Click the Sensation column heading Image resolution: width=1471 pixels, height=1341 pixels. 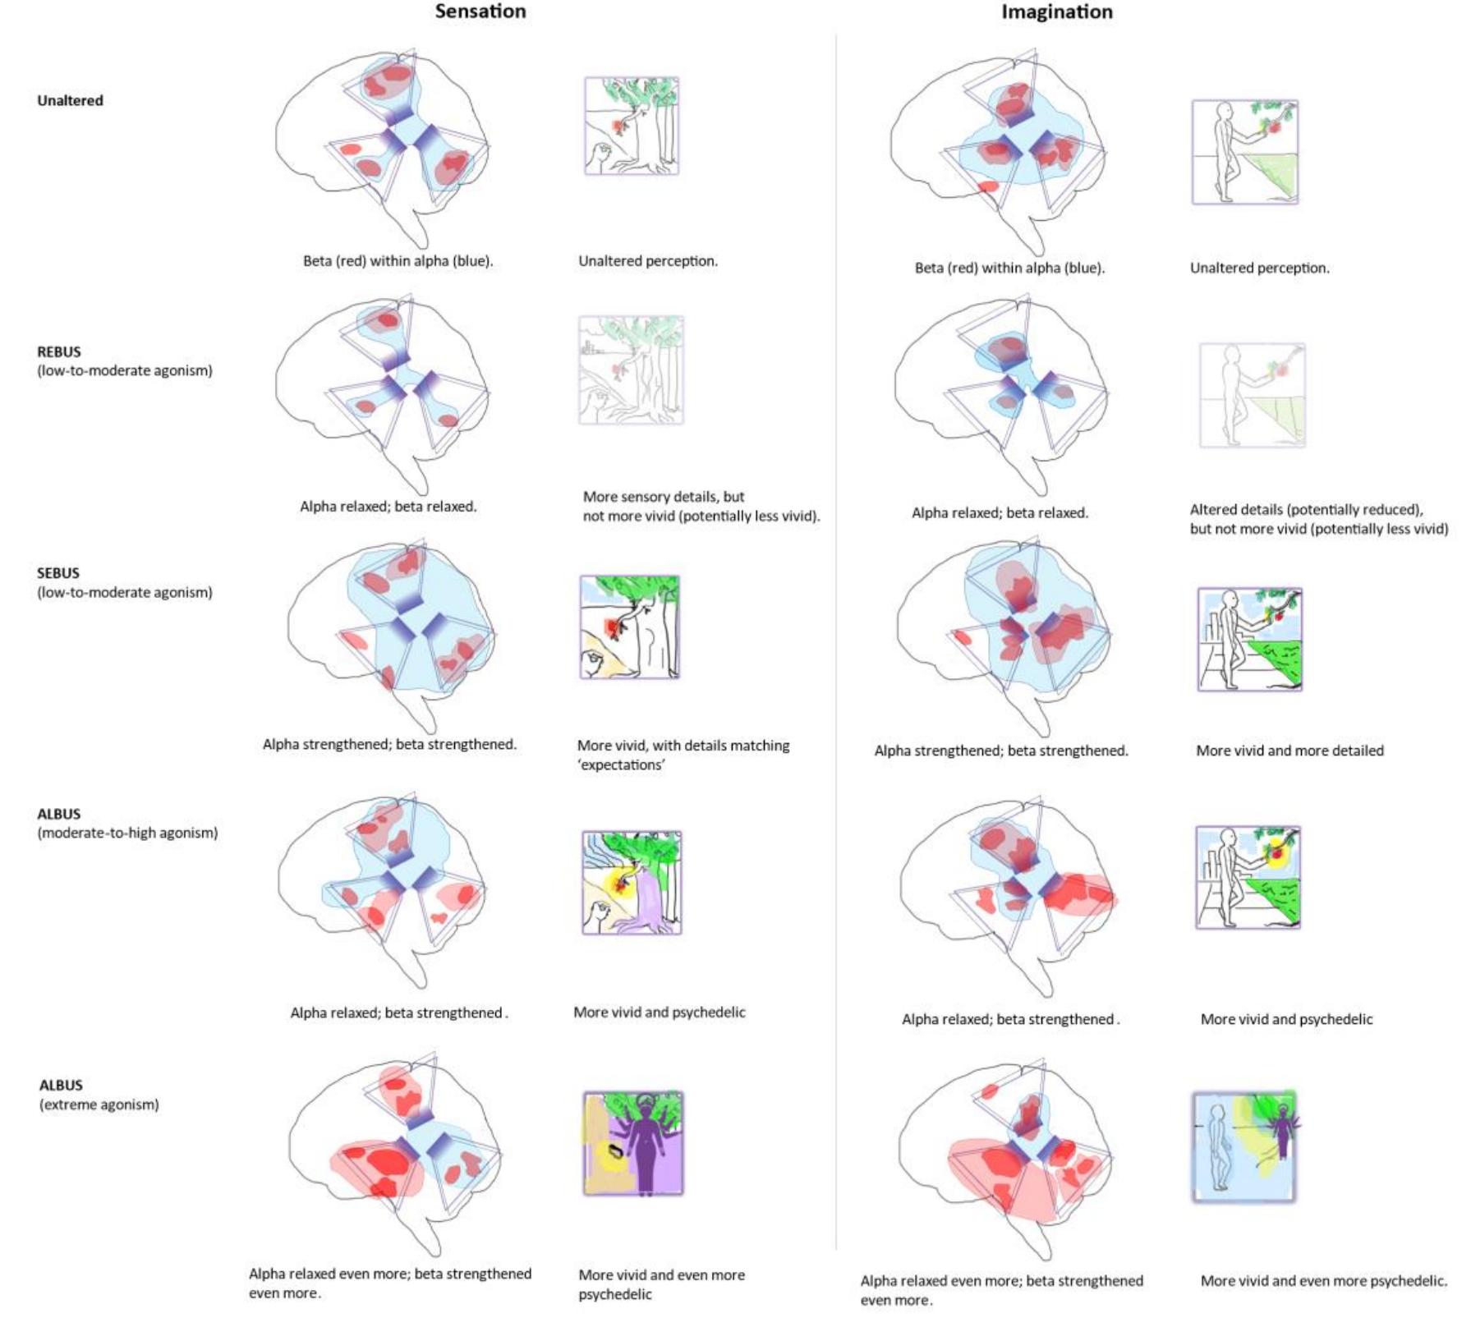point(480,11)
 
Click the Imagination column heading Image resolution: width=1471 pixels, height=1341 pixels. point(1056,12)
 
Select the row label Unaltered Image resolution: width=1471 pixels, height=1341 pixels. point(70,101)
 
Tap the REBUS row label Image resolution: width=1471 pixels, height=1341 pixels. point(59,351)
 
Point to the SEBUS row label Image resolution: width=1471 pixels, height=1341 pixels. point(58,573)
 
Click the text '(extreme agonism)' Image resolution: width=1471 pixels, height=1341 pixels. point(99,1104)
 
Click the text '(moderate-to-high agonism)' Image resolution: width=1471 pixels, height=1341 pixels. point(127,833)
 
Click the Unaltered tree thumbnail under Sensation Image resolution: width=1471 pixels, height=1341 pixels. point(632,126)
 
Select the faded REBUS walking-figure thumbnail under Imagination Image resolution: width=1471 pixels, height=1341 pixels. point(1252,396)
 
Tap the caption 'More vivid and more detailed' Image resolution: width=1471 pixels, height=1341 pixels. point(1289,751)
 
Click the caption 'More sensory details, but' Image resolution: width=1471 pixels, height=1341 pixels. point(664,497)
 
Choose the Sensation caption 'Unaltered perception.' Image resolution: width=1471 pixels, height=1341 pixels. point(648,261)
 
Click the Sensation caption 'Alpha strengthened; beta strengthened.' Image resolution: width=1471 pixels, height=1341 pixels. point(389,745)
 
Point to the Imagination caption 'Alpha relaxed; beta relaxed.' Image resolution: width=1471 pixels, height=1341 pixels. point(1000,513)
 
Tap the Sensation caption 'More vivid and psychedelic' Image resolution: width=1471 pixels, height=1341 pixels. point(659,1013)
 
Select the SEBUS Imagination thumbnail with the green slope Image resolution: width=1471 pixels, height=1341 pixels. point(1250,640)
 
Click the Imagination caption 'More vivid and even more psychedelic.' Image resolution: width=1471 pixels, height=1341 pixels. point(1323,1280)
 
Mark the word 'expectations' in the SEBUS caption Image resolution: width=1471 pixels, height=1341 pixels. point(622,765)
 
